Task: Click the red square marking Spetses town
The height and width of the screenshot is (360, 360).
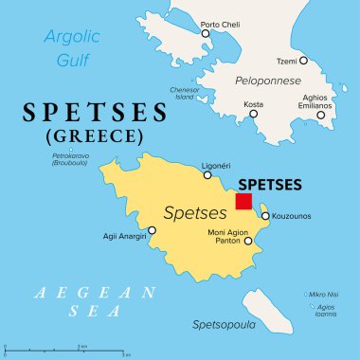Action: (x=243, y=201)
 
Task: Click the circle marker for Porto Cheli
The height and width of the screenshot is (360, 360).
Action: (x=206, y=33)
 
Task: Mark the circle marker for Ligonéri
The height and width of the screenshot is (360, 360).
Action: (x=207, y=175)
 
